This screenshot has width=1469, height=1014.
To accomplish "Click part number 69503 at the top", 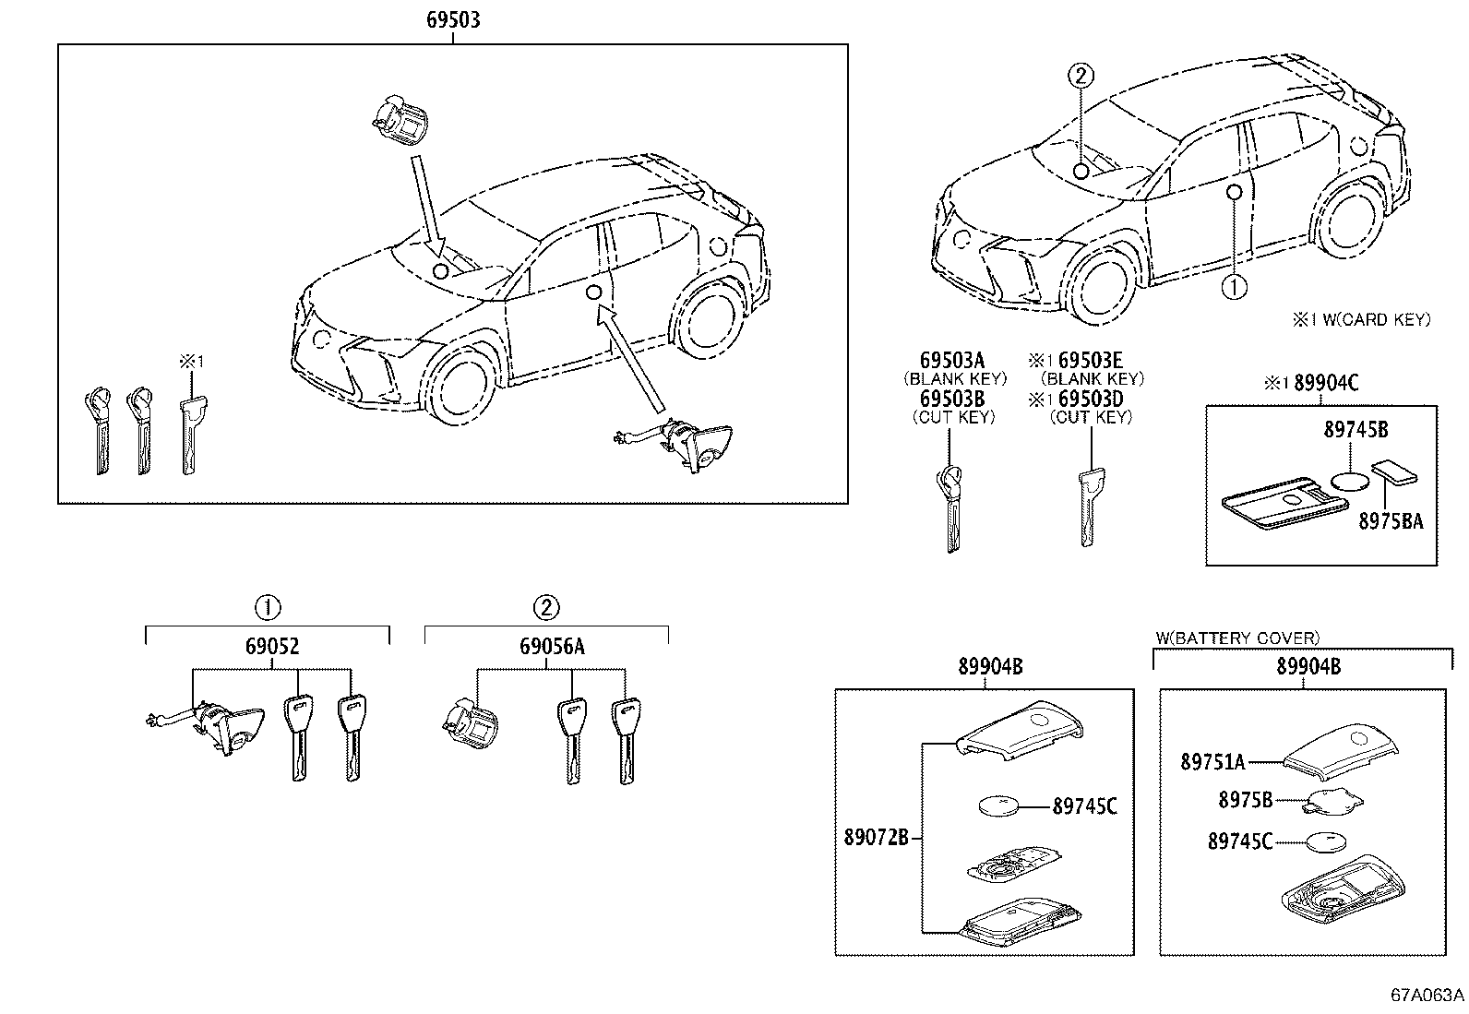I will [452, 19].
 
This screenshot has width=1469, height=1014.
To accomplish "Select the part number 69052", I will [271, 647].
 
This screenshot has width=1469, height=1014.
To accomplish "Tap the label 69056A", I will [551, 647].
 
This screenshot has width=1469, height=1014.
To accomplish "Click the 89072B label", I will [876, 837].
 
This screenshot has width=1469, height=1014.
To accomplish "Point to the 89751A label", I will [1212, 762].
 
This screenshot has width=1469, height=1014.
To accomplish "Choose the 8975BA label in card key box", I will [1390, 521].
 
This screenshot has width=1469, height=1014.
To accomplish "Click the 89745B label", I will [1352, 430].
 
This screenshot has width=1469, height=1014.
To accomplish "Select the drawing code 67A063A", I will [1427, 996].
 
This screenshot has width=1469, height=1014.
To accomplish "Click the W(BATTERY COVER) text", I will [1237, 638].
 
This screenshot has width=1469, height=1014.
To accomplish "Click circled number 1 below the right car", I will [1234, 288].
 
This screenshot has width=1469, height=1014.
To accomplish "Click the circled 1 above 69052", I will [267, 607].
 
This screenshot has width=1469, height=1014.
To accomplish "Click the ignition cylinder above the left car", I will [401, 118].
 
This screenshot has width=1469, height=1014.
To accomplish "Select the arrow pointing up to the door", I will [631, 359].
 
